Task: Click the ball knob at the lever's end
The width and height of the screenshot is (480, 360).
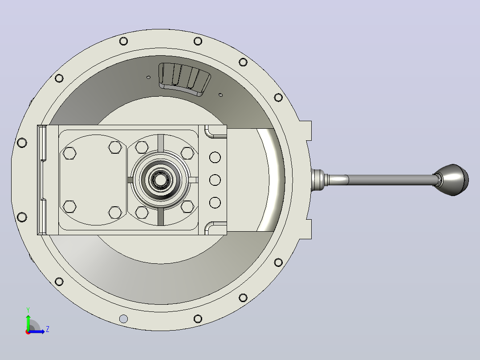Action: (x=452, y=180)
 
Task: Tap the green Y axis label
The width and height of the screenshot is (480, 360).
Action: (x=28, y=310)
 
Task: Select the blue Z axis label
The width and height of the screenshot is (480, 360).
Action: (x=48, y=329)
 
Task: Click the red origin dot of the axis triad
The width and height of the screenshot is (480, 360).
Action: (x=28, y=332)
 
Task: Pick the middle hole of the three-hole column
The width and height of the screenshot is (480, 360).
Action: (x=215, y=180)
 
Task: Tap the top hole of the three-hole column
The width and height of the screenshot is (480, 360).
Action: (x=215, y=157)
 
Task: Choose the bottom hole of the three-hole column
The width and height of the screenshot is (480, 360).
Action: (x=215, y=203)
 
